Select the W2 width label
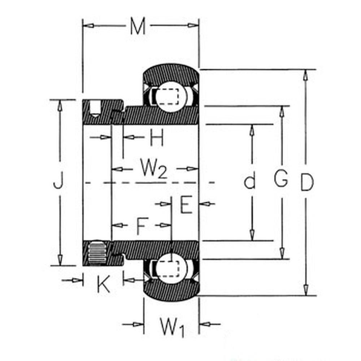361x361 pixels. [x=153, y=169]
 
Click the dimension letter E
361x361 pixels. [x=186, y=204]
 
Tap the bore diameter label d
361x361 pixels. [x=249, y=182]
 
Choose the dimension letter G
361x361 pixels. [x=280, y=178]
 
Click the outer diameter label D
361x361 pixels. [x=307, y=183]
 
